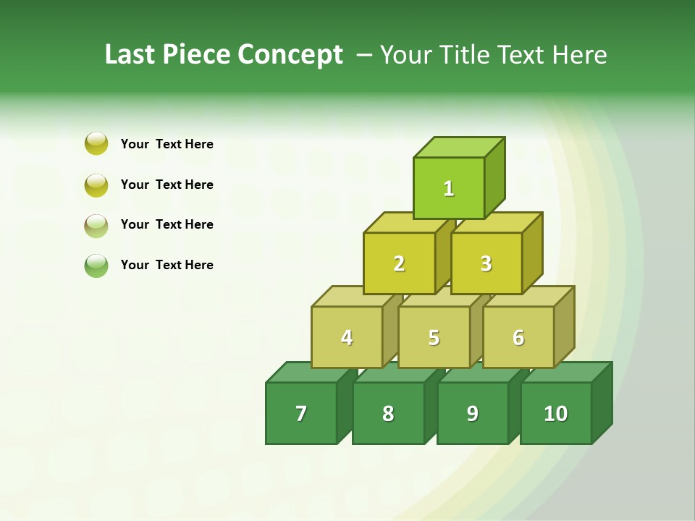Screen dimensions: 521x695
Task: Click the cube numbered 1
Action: coord(449,188)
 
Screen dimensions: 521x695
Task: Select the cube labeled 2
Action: coord(399,263)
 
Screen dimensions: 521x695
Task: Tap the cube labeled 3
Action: coord(486,263)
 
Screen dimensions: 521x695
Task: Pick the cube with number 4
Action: coord(347,337)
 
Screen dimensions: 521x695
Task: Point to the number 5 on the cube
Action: coord(434,337)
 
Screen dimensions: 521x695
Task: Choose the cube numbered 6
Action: coord(518,337)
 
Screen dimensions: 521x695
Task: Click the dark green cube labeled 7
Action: coord(301,413)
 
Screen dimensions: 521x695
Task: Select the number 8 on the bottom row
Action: coord(388,413)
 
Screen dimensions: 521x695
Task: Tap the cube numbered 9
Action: coord(472,413)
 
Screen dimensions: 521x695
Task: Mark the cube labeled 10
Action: coord(556,413)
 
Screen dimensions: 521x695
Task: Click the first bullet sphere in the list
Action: coord(96,143)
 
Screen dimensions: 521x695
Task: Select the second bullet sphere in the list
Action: coord(96,185)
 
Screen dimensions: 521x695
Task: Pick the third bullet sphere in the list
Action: coord(96,225)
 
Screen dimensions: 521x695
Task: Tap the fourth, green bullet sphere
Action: coord(96,265)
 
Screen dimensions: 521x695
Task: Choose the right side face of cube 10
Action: coord(602,402)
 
